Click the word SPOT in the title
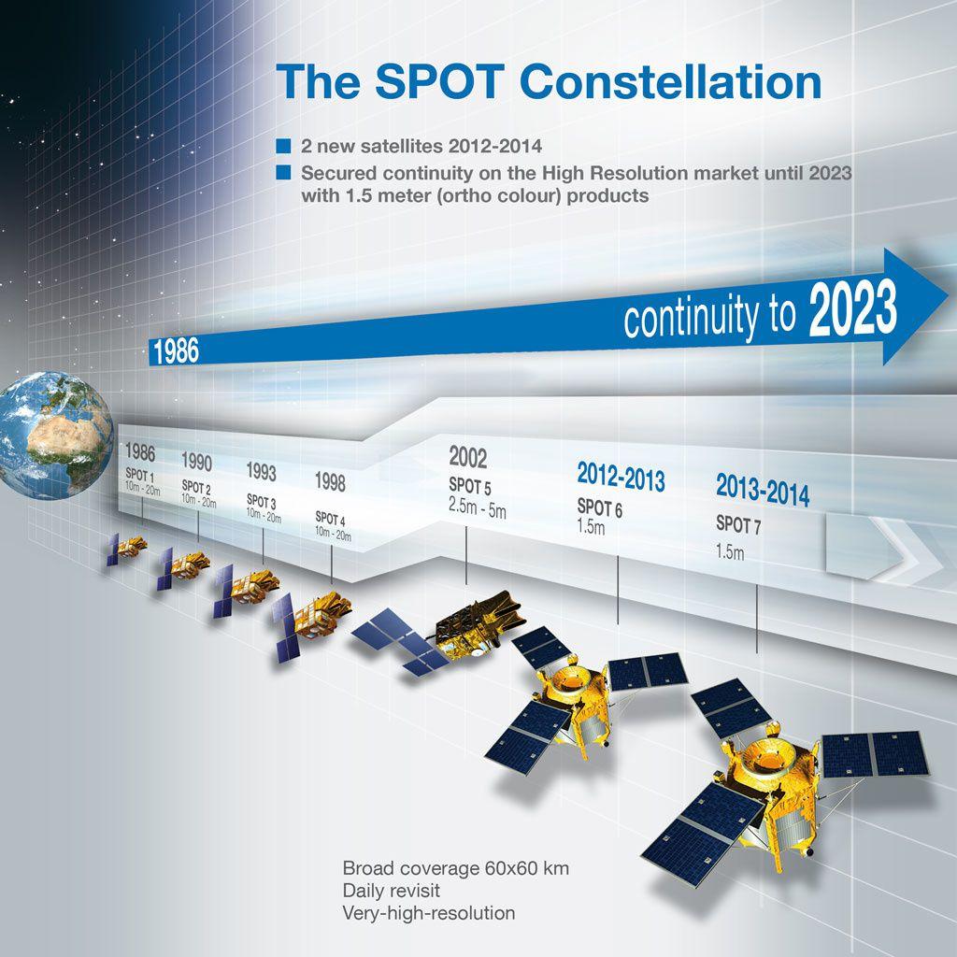point(439,82)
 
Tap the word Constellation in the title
point(671,82)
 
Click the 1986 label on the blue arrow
point(176,351)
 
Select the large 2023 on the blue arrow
point(853,309)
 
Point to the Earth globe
point(55,435)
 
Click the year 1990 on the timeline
point(196,462)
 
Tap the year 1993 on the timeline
point(262,471)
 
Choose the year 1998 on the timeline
point(330,482)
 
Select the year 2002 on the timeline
point(468,457)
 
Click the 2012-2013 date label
point(621,477)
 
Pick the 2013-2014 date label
point(763,490)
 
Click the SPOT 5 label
point(470,486)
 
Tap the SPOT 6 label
point(600,507)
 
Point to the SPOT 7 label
point(738,524)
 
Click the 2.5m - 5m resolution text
point(478,507)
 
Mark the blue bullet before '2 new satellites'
point(283,147)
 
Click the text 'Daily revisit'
point(392,891)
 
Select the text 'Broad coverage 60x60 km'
point(456,868)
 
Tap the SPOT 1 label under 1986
point(140,475)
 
